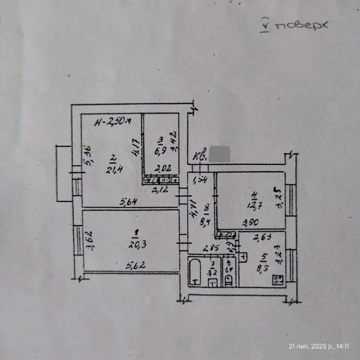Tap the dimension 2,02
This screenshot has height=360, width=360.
point(162,168)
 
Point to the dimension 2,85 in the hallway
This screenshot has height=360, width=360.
point(210,248)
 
